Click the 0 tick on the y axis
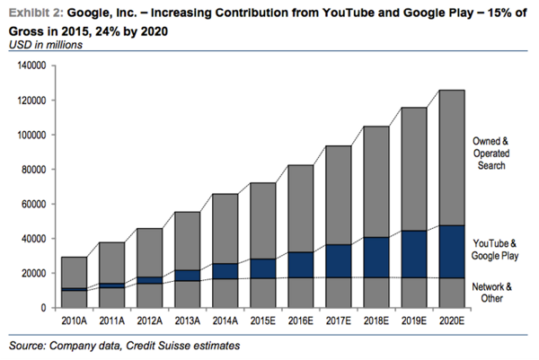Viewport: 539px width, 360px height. (40, 308)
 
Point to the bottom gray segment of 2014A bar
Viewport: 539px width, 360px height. (225, 293)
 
